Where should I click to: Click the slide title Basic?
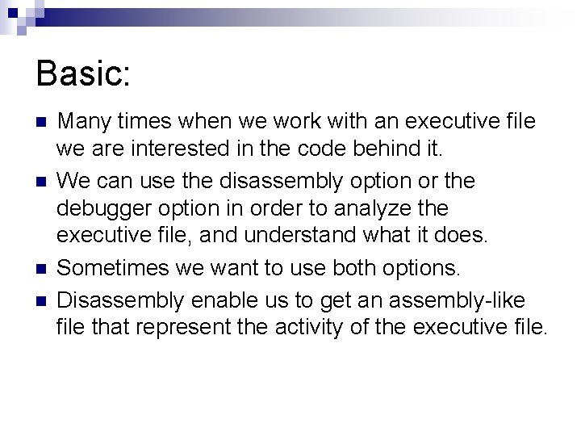tap(83, 74)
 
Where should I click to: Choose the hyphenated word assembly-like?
tap(456, 300)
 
